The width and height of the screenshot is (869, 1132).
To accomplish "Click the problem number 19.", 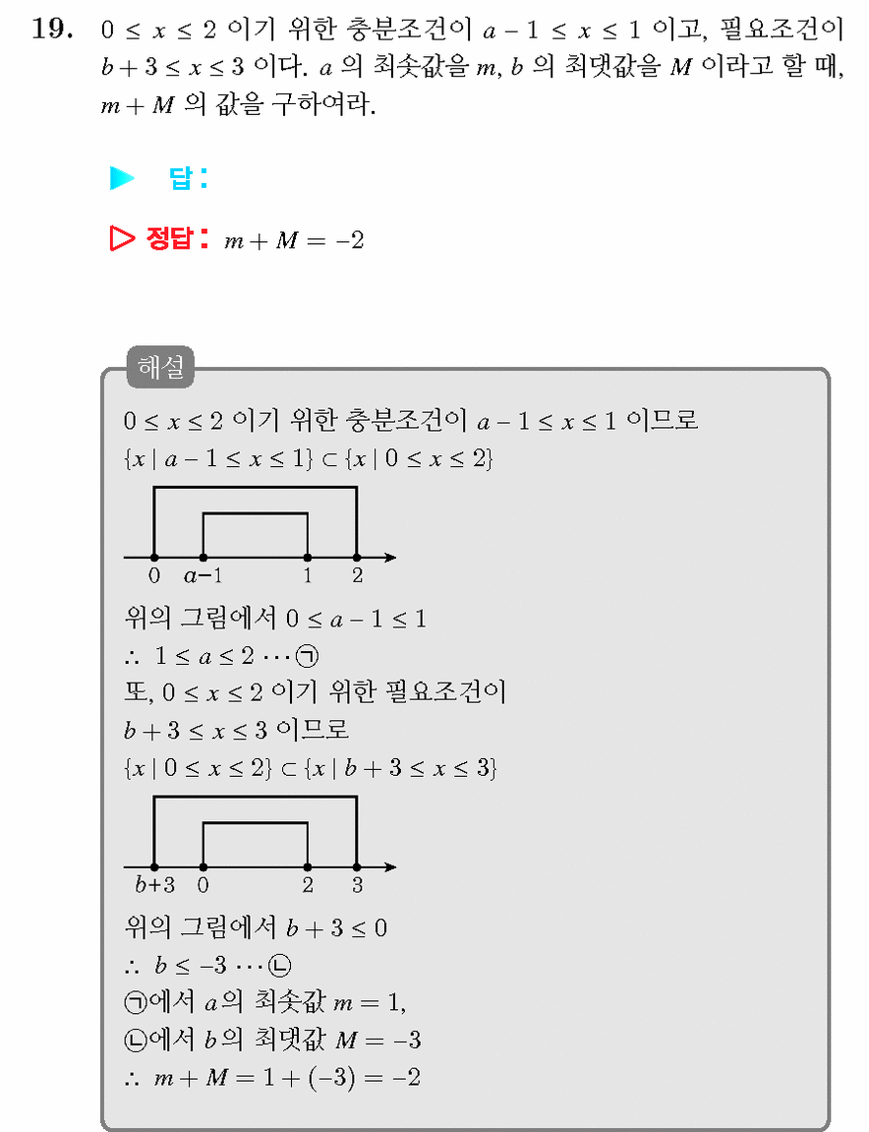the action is point(52,29).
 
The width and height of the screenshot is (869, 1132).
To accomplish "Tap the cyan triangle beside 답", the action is point(122,178).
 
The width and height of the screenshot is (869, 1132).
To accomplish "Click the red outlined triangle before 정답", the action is point(122,238).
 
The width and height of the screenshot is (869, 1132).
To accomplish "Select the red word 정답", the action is point(168,238).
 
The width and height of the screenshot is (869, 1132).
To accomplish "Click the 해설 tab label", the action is point(160,367).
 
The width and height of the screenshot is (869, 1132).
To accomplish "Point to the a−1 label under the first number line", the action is point(203,575).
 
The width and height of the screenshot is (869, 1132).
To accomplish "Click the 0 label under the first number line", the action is point(153,575).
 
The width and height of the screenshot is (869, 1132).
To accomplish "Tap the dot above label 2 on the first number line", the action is point(357,558).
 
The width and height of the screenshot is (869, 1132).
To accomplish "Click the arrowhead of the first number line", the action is point(390,558).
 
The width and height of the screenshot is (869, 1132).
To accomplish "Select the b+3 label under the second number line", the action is point(154,884).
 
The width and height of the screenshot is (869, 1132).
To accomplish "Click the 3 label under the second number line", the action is point(357,885).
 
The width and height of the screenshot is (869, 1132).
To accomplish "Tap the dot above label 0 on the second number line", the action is point(203,867).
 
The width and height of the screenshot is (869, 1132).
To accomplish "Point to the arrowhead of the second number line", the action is point(390,867).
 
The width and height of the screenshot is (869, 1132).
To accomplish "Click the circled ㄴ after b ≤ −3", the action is point(279,966).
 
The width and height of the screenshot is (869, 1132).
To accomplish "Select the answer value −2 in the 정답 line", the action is point(349,240).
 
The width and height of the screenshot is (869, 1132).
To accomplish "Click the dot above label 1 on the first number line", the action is point(308,558).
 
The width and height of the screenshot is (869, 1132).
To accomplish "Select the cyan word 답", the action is point(180,178).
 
